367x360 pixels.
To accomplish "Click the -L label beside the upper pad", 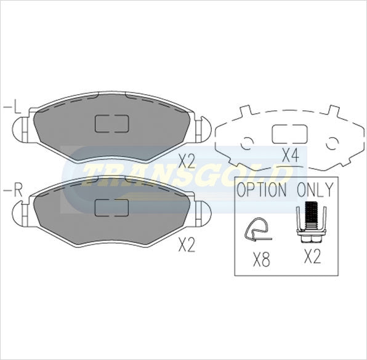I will point(12,109).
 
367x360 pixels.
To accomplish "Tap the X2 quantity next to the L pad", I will point(186,161).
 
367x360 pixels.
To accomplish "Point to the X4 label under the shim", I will point(289,155).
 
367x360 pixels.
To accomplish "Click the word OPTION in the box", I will point(262,190).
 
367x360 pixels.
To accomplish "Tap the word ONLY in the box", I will point(315,190).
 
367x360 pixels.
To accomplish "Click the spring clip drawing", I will point(258,231).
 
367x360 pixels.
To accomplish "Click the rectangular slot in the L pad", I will point(111,124).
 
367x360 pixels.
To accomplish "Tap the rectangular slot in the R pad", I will point(111,207).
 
